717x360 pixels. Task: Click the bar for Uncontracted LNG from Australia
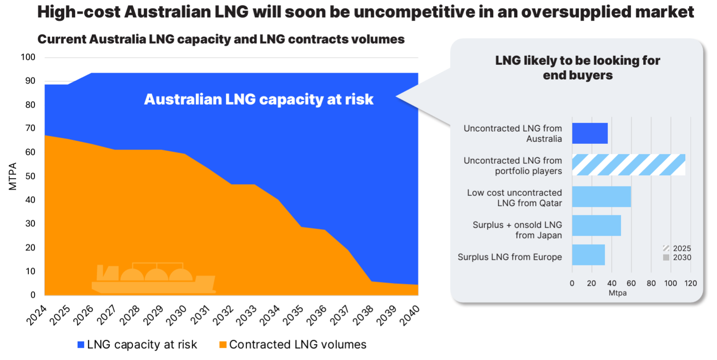point(590,133)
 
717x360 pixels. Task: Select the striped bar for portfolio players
point(628,165)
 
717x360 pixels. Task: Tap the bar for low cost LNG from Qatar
point(602,196)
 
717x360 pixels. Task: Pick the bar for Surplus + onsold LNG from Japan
point(596,226)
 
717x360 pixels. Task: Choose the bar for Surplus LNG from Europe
point(588,255)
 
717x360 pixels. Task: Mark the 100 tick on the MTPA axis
point(28,58)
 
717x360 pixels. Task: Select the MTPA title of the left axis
point(13,176)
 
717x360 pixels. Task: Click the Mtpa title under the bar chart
point(630,293)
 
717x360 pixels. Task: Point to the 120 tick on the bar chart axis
point(690,283)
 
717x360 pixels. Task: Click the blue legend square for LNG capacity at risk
point(81,345)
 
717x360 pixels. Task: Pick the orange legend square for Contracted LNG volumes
point(222,345)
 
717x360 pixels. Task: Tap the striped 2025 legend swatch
point(666,248)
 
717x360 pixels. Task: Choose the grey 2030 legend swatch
point(666,258)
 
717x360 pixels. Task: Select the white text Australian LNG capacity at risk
point(259,99)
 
